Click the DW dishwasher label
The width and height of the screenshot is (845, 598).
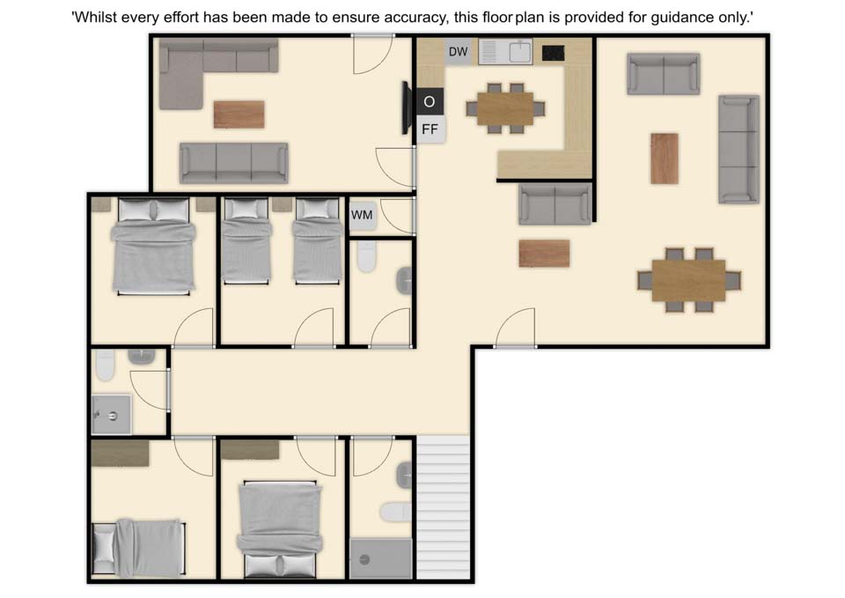(x=458, y=52)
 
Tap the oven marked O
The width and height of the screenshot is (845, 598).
(x=430, y=101)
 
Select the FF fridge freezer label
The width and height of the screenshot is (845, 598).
(x=430, y=129)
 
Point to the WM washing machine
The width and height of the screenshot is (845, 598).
(x=362, y=215)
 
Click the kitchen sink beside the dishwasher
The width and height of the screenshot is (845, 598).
(x=505, y=52)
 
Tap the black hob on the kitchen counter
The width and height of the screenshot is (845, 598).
(x=553, y=53)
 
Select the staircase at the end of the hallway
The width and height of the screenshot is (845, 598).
(x=443, y=507)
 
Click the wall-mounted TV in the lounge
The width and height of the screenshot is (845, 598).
(x=407, y=107)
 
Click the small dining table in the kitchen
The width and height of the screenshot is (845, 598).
(x=505, y=108)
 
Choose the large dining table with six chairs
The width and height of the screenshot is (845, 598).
(x=688, y=280)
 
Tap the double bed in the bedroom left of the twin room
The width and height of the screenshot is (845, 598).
(x=153, y=246)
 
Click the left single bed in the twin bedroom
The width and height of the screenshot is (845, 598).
(x=246, y=240)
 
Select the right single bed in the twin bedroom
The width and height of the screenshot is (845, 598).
(x=318, y=240)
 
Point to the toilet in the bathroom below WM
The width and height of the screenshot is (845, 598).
(x=366, y=256)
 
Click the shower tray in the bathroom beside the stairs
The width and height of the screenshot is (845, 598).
(x=381, y=558)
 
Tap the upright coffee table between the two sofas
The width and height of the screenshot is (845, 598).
(x=665, y=159)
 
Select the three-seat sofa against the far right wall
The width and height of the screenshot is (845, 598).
(x=738, y=150)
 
